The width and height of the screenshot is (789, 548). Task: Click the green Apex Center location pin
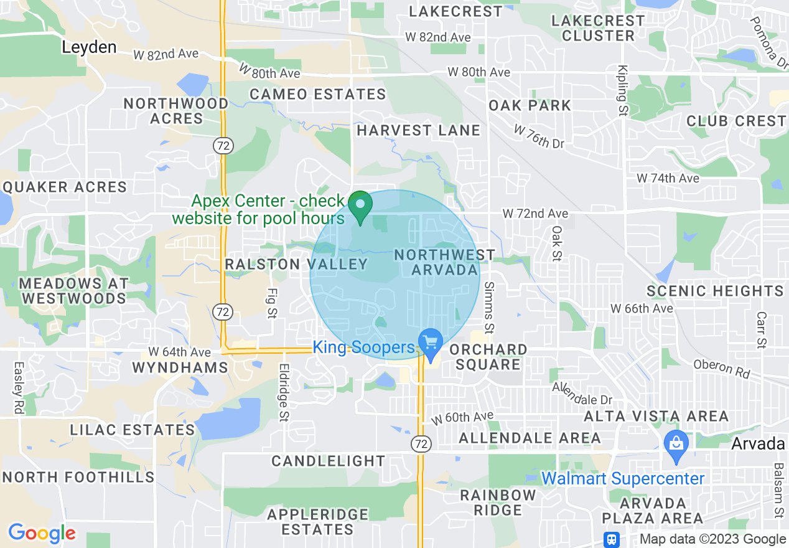tap(360, 207)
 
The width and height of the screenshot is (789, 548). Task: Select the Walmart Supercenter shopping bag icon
tap(675, 446)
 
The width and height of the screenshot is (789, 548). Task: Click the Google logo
tap(42, 533)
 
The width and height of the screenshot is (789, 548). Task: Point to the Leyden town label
tap(89, 47)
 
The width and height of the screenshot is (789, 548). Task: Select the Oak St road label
tap(556, 243)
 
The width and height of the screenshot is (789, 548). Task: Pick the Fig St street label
tap(271, 303)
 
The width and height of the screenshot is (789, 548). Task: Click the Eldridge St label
tap(284, 392)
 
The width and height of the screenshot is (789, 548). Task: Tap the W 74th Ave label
tap(668, 178)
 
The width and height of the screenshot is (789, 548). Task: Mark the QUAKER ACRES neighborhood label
tap(65, 187)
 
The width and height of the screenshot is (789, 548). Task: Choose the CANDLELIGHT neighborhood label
tap(329, 461)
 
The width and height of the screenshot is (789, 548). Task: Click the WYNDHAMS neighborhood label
tap(180, 367)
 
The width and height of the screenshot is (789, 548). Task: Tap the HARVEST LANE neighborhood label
tap(418, 131)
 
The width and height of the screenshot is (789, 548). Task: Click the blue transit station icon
tap(612, 539)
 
